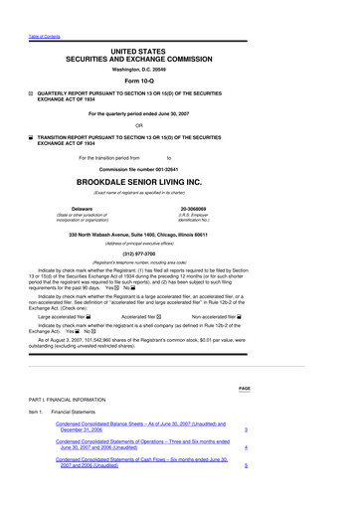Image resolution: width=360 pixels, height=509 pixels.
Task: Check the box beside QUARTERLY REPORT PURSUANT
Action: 31,91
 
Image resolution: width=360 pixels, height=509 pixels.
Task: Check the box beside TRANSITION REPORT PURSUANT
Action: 31,137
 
